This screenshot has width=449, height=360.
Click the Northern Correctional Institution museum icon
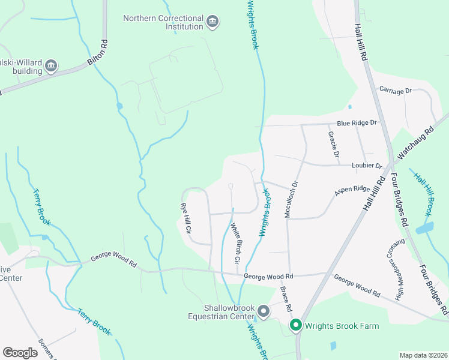click(x=212, y=23)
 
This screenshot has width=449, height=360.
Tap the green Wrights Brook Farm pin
click(x=295, y=326)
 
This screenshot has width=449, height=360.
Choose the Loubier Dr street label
click(x=366, y=166)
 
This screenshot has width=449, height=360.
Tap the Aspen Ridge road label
click(x=352, y=189)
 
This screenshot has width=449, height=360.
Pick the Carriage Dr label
click(x=396, y=90)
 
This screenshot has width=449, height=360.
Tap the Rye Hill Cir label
click(x=186, y=218)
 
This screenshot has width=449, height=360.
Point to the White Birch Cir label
click(x=235, y=244)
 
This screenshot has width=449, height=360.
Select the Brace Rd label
click(x=286, y=298)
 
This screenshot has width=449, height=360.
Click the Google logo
click(x=20, y=352)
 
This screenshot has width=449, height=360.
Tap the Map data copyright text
click(x=423, y=355)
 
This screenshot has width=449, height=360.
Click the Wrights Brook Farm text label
click(x=342, y=326)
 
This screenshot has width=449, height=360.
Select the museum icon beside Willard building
click(x=51, y=65)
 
